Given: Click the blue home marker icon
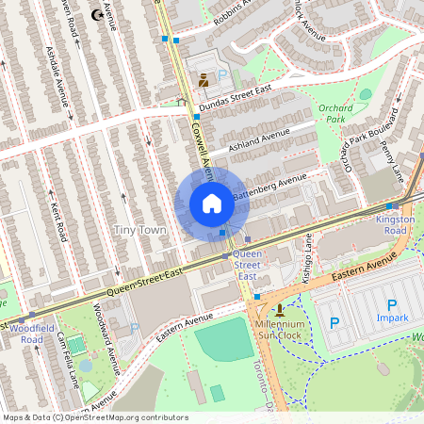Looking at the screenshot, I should [x=212, y=204].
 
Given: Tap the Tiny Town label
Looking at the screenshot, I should [x=139, y=230].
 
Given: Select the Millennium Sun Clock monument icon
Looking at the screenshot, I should [x=279, y=309].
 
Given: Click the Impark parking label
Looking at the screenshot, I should [x=392, y=318].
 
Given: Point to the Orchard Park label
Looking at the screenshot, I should [x=335, y=113].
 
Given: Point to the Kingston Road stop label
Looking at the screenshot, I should [x=395, y=225].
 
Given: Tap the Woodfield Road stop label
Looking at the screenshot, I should [x=25, y=334].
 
